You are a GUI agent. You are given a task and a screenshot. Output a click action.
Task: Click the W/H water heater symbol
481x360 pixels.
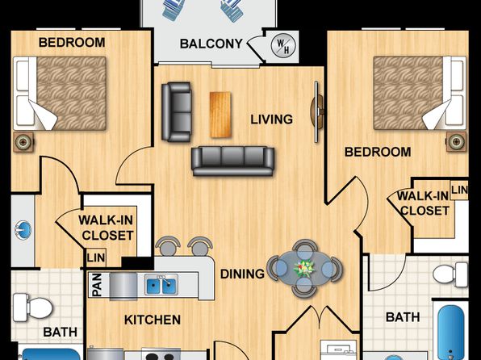(x=284, y=45)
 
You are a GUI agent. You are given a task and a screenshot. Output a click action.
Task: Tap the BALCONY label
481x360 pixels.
(x=211, y=44)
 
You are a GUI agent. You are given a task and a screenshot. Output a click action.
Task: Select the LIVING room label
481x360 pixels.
(x=271, y=119)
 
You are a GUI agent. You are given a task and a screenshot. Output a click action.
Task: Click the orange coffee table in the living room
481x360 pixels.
(x=220, y=115)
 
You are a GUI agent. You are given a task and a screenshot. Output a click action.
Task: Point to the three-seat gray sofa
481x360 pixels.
(x=232, y=161)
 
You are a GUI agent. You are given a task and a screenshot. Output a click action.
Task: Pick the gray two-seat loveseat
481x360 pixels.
(x=177, y=111)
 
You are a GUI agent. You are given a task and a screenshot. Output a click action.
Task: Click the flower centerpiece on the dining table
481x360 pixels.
(x=304, y=268)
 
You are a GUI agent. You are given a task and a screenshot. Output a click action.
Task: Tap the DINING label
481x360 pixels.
(x=242, y=274)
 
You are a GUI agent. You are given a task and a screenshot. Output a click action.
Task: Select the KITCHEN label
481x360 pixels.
(x=153, y=320)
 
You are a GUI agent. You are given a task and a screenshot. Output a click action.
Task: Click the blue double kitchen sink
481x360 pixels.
(x=161, y=284)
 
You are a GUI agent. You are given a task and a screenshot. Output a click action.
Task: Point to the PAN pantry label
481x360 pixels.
(x=97, y=285)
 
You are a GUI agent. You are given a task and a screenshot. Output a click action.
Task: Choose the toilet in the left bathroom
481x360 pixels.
(x=33, y=308)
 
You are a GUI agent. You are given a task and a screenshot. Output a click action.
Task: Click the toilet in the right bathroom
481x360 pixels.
(x=450, y=274)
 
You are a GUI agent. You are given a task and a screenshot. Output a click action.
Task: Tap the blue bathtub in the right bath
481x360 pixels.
(x=450, y=333)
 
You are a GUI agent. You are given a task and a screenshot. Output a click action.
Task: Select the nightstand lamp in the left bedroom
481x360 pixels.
(x=23, y=142)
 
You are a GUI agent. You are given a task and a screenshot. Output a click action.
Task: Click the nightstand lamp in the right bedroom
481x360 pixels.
(x=456, y=141)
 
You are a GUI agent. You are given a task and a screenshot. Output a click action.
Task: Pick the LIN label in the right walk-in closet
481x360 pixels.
(x=459, y=190)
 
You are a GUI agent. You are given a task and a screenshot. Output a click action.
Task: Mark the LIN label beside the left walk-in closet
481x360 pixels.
(x=96, y=257)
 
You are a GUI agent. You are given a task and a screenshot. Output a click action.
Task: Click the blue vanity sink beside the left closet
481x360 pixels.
(x=23, y=230)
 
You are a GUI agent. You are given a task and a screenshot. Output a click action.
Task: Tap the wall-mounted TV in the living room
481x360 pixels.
(x=317, y=111)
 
